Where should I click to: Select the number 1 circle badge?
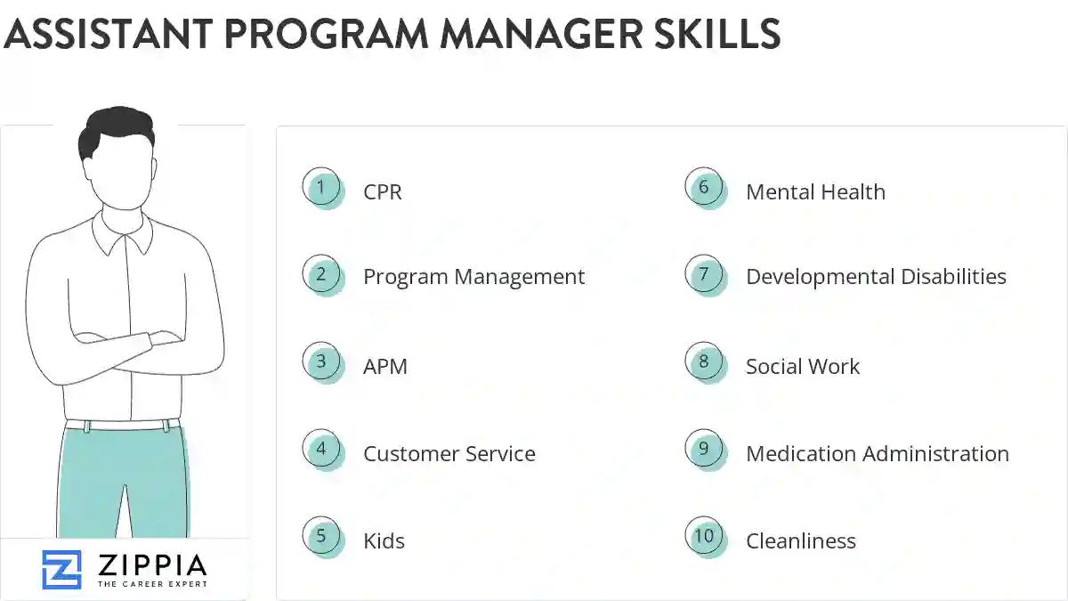[321, 188]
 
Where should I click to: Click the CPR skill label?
[383, 191]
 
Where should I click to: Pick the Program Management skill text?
[473, 277]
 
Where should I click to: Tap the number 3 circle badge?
[321, 362]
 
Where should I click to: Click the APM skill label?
[385, 366]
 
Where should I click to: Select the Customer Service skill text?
[449, 453]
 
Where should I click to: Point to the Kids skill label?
[384, 540]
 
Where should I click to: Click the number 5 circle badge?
[321, 537]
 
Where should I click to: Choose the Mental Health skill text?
[815, 191]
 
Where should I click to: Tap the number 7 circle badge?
[704, 274]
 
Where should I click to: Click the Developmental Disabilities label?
[876, 277]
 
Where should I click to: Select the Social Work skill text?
[803, 366]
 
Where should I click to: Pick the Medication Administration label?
[877, 453]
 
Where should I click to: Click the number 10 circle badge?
[704, 537]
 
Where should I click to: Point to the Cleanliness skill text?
[800, 540]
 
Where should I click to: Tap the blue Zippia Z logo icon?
[61, 570]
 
